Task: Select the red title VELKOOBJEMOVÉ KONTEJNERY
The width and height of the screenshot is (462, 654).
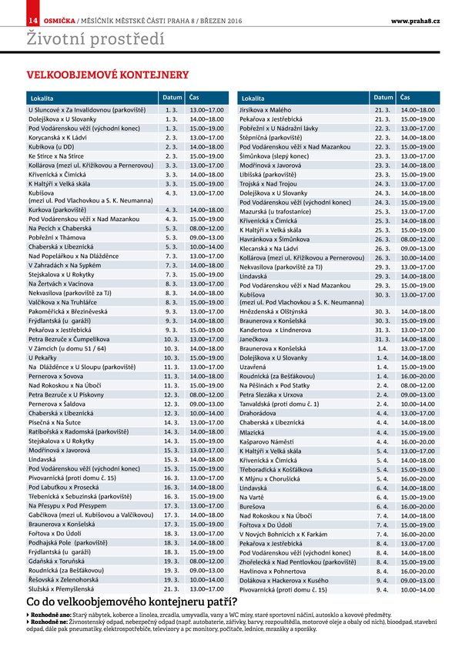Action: [x=108, y=75]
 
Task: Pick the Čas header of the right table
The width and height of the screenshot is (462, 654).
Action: [x=405, y=98]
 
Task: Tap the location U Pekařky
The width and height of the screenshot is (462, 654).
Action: [x=42, y=358]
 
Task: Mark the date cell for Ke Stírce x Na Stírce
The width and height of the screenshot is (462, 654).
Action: [x=172, y=155]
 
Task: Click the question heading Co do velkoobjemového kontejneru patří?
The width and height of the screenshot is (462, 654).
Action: [x=131, y=602]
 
